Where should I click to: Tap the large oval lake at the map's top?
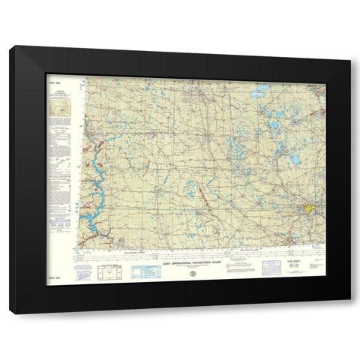point(260,94)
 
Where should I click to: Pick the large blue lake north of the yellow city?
point(295,160)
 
